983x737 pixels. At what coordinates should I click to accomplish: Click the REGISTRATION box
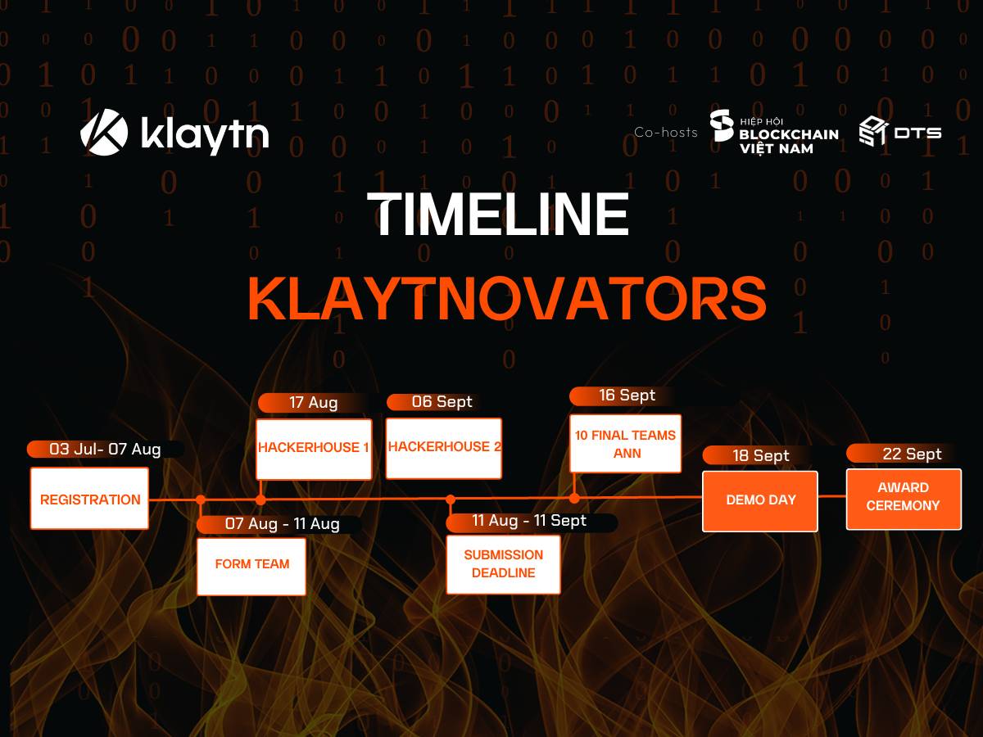click(x=89, y=499)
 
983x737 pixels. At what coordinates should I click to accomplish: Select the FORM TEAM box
click(x=251, y=567)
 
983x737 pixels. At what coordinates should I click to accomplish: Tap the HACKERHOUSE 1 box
click(x=314, y=450)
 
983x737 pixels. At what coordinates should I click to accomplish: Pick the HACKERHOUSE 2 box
click(x=444, y=449)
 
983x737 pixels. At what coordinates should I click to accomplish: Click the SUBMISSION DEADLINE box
click(x=503, y=565)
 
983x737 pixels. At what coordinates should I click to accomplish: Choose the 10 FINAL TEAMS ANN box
click(x=626, y=444)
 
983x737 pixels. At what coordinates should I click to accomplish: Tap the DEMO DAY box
click(x=760, y=501)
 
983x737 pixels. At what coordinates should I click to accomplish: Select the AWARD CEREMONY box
click(x=904, y=500)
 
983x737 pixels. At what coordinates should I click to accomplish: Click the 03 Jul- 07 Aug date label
click(x=105, y=450)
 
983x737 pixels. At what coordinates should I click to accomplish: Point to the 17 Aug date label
click(x=314, y=402)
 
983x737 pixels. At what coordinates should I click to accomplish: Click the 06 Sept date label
click(x=442, y=402)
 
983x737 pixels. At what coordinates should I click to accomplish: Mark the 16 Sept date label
click(x=627, y=396)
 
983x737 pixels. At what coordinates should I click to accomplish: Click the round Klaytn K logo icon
click(x=104, y=132)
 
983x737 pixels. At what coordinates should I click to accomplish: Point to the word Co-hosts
click(x=666, y=133)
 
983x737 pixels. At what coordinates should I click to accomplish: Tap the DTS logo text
click(x=917, y=133)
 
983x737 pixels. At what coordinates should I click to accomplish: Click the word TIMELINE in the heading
click(x=498, y=214)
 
